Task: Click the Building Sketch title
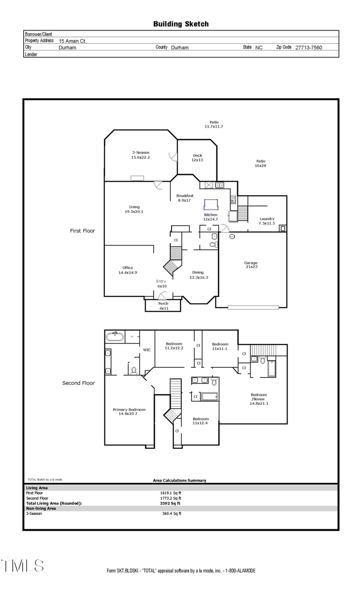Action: click(180, 24)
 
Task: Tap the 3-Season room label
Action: click(140, 155)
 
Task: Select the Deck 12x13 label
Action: click(197, 158)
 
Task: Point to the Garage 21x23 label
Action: click(251, 265)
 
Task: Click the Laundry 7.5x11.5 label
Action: click(266, 221)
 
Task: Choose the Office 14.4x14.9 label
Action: click(127, 270)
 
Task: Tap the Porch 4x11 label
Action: click(163, 306)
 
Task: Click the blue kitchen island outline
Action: click(211, 205)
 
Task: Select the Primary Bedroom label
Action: click(129, 412)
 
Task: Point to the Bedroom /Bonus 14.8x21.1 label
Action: click(259, 399)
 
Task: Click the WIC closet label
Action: click(147, 349)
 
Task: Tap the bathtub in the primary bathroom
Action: click(116, 336)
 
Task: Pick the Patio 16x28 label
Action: click(261, 163)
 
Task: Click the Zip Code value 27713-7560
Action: click(308, 47)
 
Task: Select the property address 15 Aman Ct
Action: click(72, 41)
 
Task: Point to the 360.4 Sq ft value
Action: click(171, 513)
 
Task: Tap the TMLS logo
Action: click(22, 566)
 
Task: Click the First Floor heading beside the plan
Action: click(82, 231)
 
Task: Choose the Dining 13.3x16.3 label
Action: click(198, 275)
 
